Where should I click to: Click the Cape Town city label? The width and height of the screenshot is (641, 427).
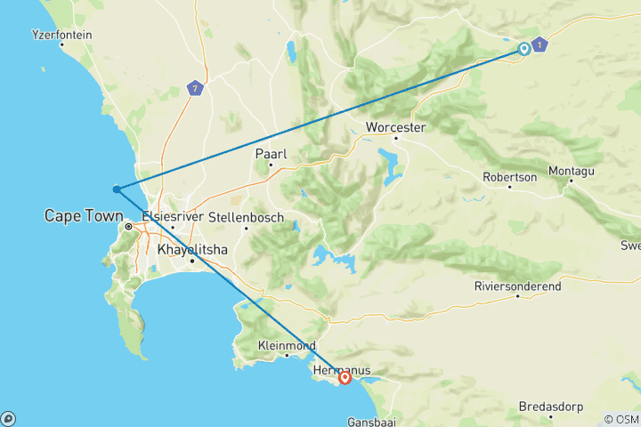point(83,215)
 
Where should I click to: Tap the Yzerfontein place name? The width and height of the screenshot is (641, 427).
point(61,35)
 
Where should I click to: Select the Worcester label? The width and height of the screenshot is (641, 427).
point(396,127)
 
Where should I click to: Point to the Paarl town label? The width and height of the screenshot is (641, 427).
point(270,154)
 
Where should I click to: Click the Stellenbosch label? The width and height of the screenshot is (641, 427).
point(246,217)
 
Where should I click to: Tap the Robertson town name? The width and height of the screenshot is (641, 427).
point(509,177)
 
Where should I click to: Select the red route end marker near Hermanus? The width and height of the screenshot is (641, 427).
point(345,379)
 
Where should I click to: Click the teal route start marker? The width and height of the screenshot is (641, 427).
point(523,50)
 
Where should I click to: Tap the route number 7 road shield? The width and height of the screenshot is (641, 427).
point(195,88)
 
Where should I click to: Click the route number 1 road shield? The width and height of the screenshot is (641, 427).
point(540,44)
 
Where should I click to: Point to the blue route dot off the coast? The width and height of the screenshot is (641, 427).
point(116,189)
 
